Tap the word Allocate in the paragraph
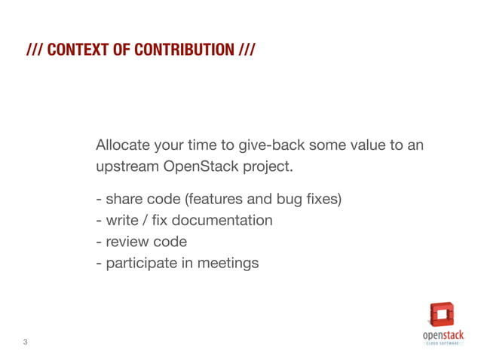coord(122,145)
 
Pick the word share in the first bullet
coord(121,200)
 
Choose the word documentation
coord(222,221)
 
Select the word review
coord(126,242)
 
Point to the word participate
coord(141,264)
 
